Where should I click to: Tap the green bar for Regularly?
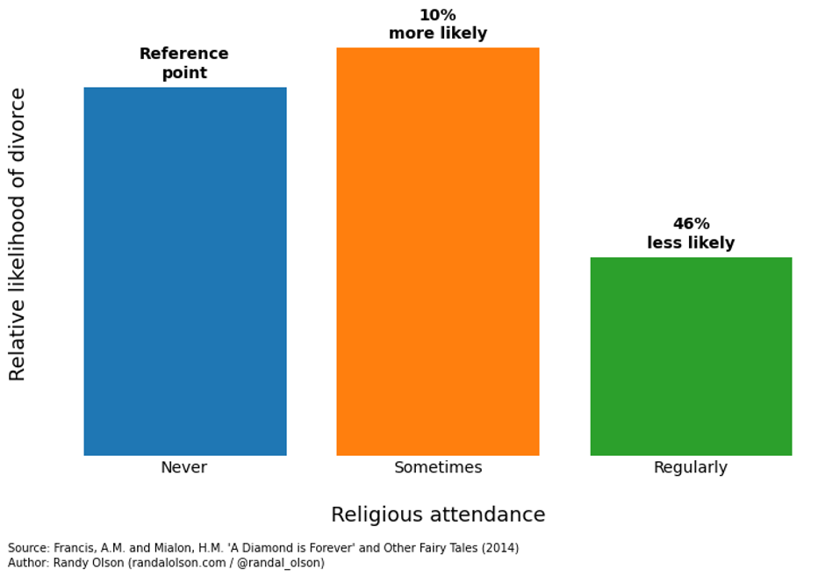[691, 356]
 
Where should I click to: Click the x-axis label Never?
[184, 467]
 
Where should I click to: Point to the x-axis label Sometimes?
[438, 467]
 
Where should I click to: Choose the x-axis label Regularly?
[691, 467]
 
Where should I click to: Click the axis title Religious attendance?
[438, 515]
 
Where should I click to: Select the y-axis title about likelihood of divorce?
[18, 234]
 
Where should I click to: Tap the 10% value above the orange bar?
[438, 15]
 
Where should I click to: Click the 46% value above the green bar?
[691, 224]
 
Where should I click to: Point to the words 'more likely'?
[438, 34]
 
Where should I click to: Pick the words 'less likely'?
[691, 243]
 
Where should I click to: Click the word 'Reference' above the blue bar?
[184, 54]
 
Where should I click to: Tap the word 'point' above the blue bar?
[184, 73]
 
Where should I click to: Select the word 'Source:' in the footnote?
[28, 548]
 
